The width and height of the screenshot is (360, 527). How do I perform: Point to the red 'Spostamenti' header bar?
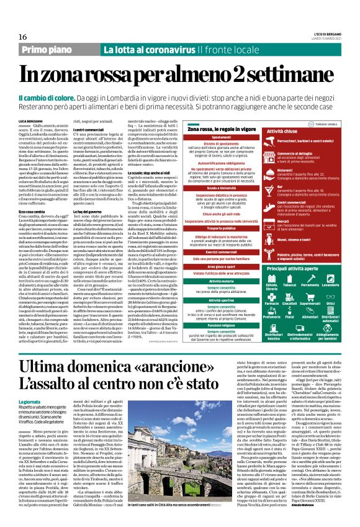[213, 137]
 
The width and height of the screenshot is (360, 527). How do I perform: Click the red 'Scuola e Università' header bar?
[213, 187]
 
